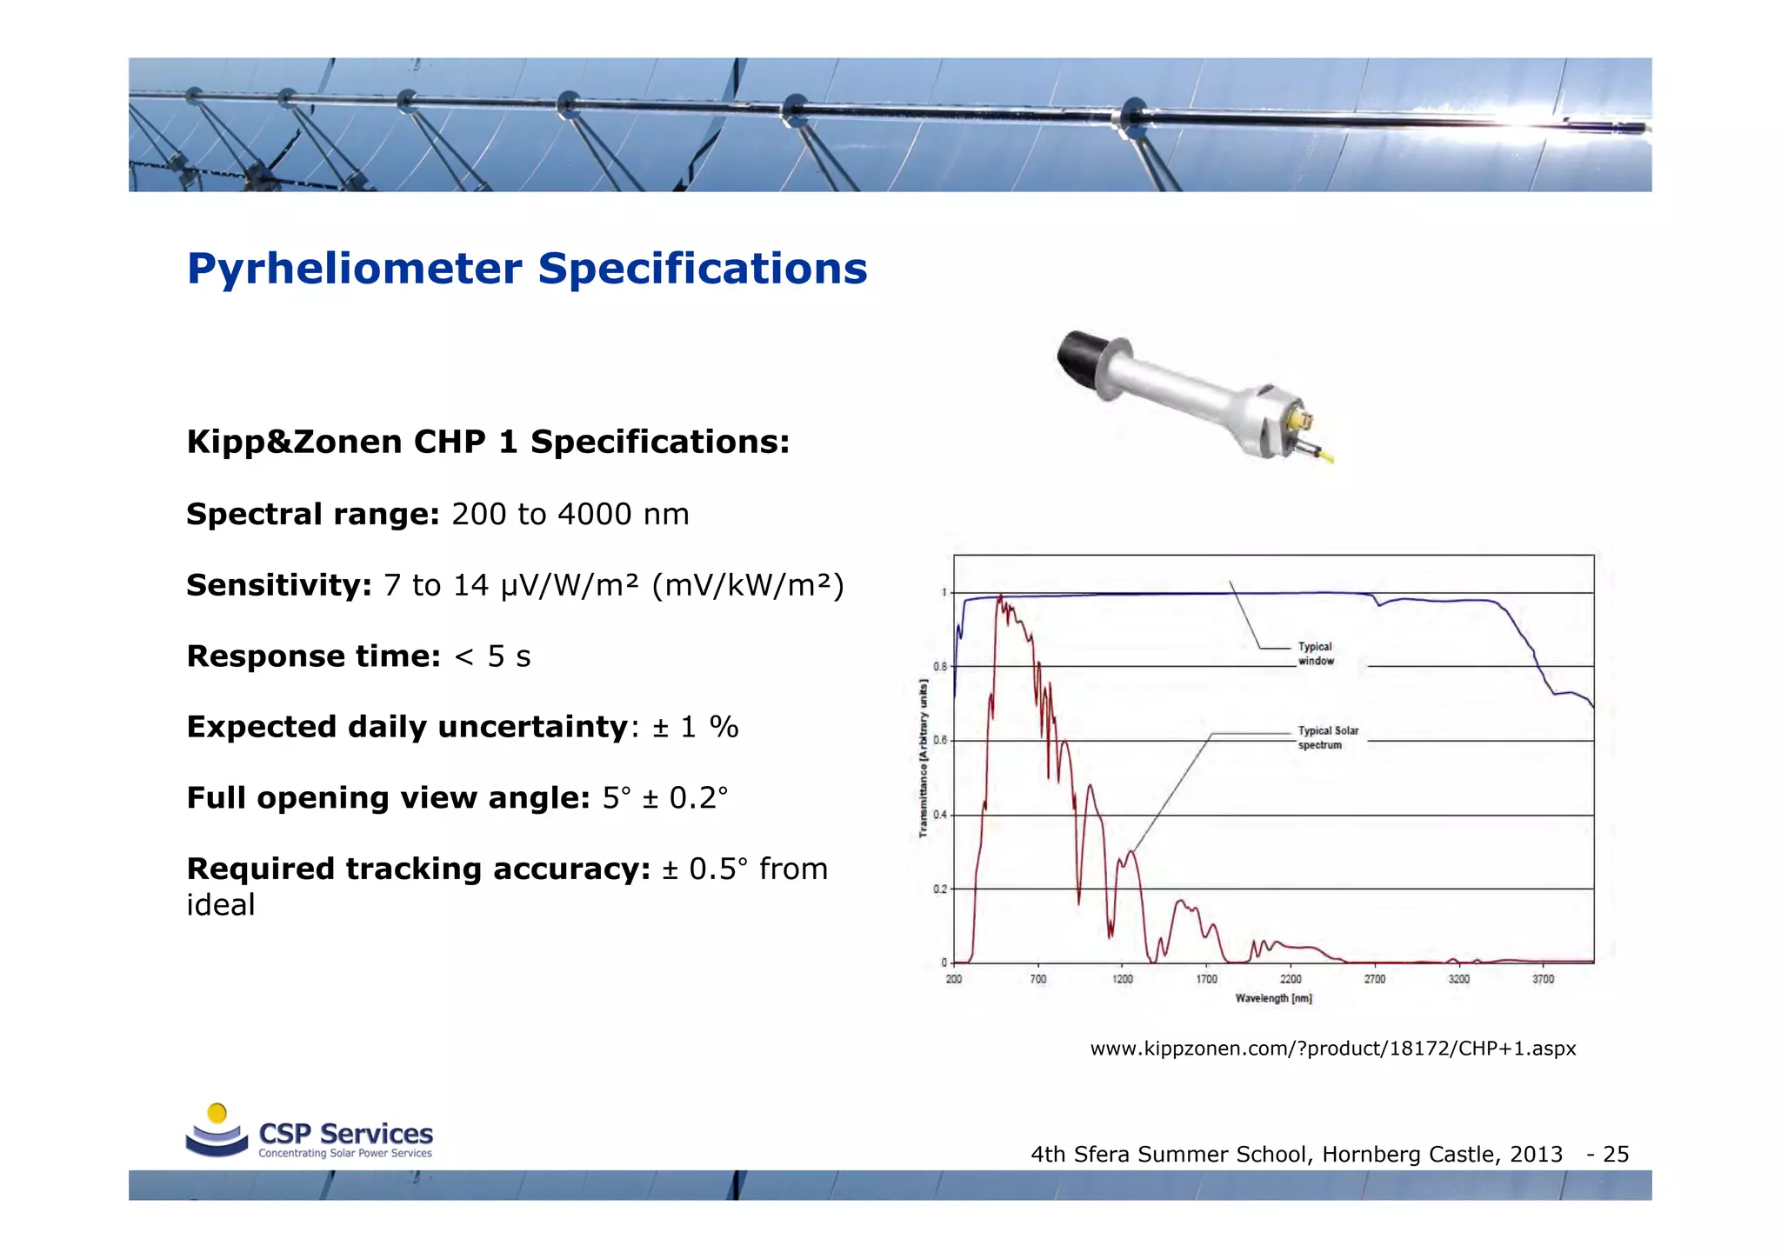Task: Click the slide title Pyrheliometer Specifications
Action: pos(527,268)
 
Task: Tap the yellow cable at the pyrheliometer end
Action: pos(1325,456)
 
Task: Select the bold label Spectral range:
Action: pos(313,514)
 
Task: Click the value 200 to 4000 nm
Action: pos(570,514)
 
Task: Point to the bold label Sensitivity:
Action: pos(279,585)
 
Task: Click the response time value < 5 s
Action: pos(492,656)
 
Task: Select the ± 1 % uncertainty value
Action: pos(696,727)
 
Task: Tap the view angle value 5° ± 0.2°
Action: pos(665,798)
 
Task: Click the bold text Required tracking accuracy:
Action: pos(418,869)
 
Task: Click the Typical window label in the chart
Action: pos(1316,654)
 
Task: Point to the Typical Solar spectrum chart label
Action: pos(1328,738)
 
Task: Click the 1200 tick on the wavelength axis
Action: pos(1123,980)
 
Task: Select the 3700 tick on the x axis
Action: pos(1543,980)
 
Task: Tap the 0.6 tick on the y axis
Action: pos(940,741)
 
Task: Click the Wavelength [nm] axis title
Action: pos(1273,998)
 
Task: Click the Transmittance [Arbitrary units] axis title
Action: pos(924,758)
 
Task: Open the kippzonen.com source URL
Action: pos(1332,1049)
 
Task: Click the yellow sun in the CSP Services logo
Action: pos(217,1113)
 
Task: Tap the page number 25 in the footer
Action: pos(1616,1155)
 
